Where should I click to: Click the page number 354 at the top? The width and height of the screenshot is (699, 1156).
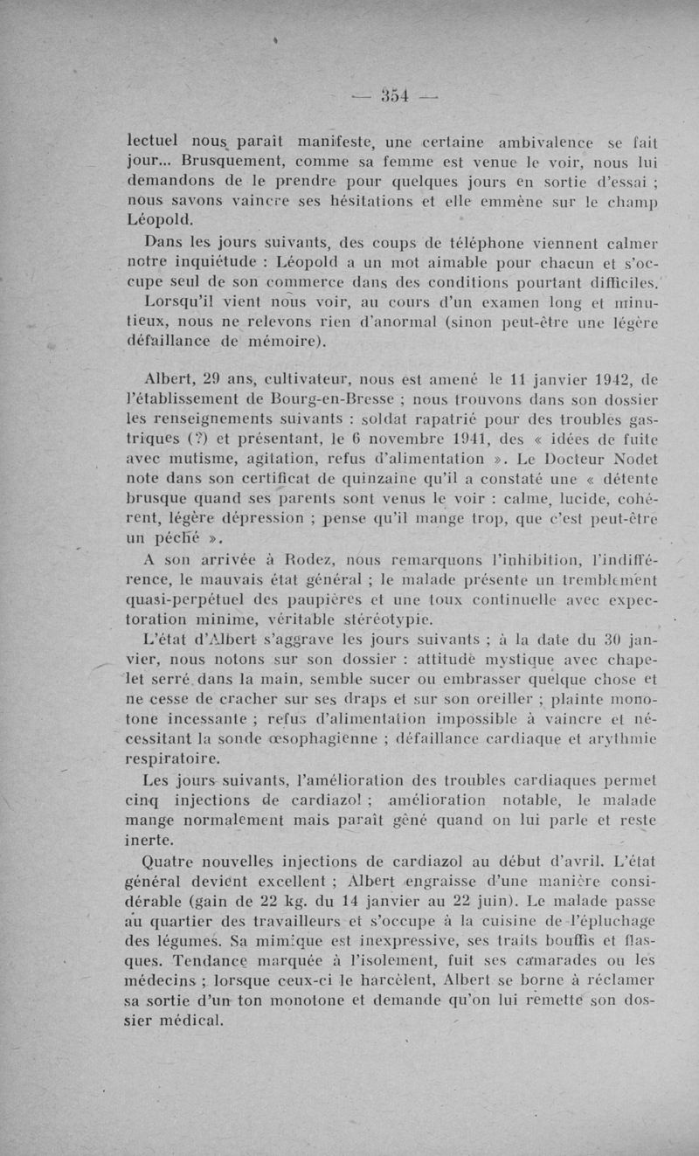(397, 93)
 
